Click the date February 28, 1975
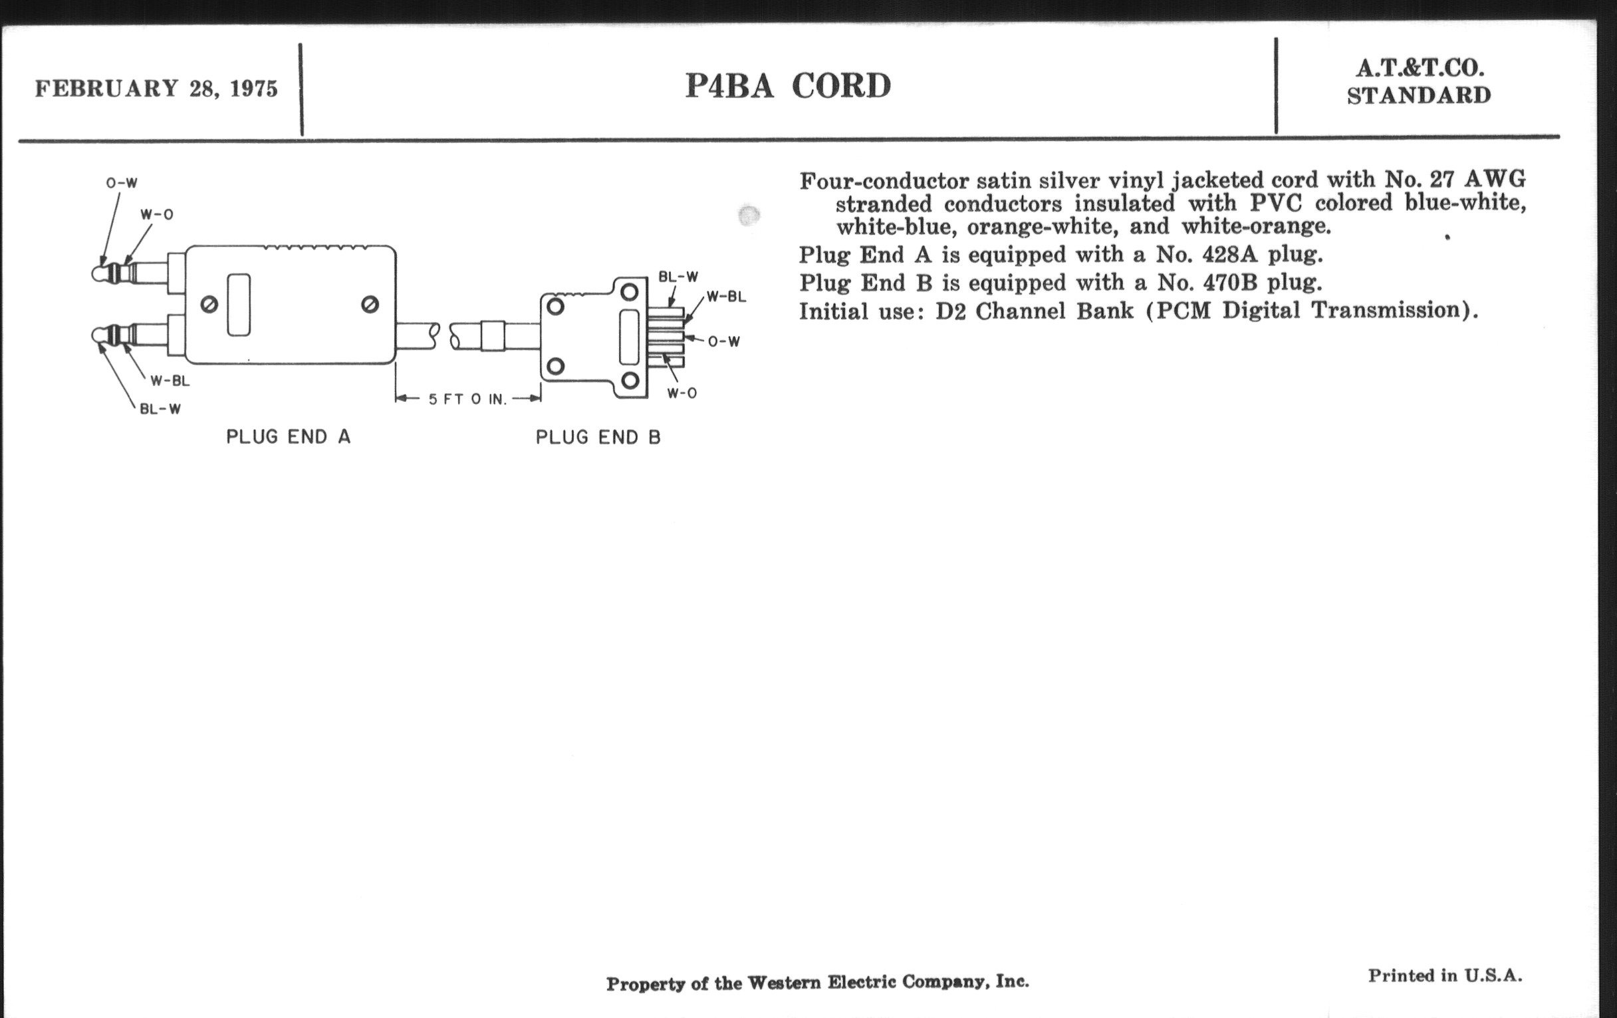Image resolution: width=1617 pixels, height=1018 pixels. pos(156,88)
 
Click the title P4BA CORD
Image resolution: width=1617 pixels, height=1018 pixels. pos(788,86)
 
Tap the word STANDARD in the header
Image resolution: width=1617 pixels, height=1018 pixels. pos(1419,96)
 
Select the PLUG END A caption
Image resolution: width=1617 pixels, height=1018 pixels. pos(288,437)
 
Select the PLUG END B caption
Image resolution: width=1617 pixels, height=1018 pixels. pos(598,438)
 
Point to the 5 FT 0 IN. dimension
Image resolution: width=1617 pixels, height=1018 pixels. pos(467,399)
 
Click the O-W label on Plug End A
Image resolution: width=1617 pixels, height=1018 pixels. pos(122,183)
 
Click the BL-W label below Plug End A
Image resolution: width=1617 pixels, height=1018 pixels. pos(160,409)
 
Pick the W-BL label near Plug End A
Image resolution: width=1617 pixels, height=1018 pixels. pos(170,381)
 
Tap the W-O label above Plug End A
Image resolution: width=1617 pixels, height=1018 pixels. pos(156,215)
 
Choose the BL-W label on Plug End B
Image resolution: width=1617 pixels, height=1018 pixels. pos(678,277)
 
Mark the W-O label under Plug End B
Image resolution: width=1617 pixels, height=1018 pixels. pos(682,393)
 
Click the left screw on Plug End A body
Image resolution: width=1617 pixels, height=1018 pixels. pos(209,305)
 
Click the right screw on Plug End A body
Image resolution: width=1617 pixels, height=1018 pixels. pos(369,304)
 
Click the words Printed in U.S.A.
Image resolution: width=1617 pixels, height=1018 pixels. pos(1445,975)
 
